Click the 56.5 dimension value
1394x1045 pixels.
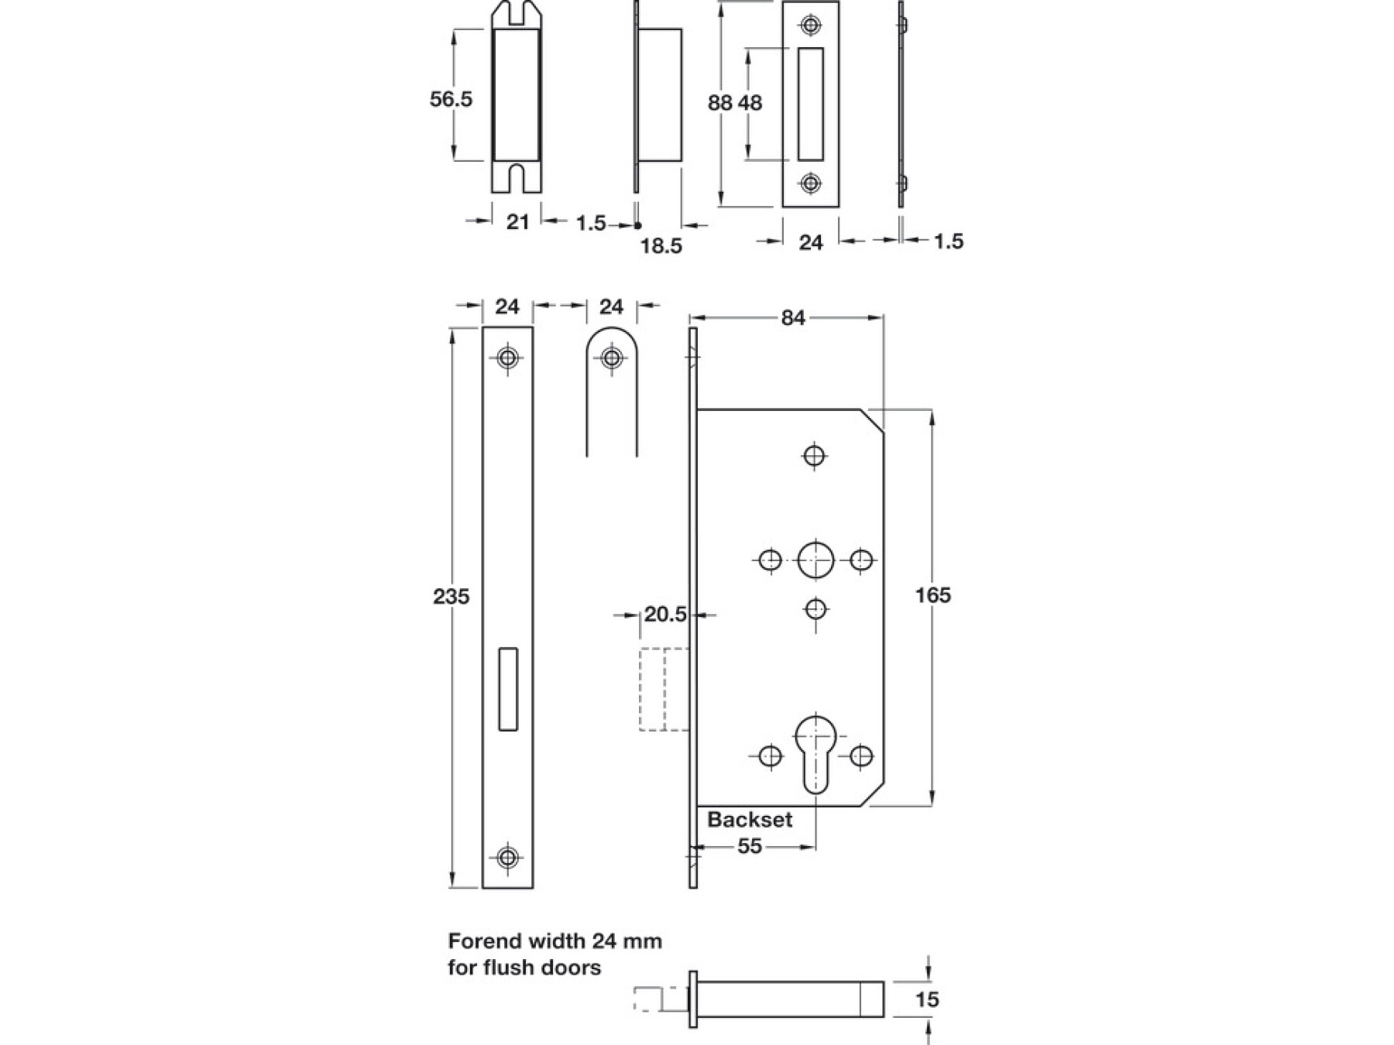click(x=451, y=99)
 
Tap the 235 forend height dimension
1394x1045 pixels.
click(x=451, y=597)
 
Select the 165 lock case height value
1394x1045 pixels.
click(x=932, y=595)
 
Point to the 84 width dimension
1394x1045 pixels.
click(x=793, y=318)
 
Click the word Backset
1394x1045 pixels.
click(x=750, y=820)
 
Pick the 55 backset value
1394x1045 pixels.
click(x=750, y=846)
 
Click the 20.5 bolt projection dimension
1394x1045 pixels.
click(x=665, y=615)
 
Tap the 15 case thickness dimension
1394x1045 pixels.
click(x=926, y=999)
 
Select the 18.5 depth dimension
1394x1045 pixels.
click(x=661, y=246)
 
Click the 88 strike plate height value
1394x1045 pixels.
click(x=719, y=102)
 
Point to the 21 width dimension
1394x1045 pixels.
click(x=517, y=222)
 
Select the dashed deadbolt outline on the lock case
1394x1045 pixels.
click(x=664, y=689)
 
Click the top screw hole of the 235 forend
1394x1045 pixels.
click(x=507, y=358)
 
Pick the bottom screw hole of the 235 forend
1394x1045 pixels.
click(x=507, y=857)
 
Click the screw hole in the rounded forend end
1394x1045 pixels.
click(x=612, y=358)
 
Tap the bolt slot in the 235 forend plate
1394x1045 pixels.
click(x=508, y=688)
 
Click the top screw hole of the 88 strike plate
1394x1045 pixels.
click(x=810, y=25)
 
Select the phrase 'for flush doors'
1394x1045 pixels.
click(x=524, y=968)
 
